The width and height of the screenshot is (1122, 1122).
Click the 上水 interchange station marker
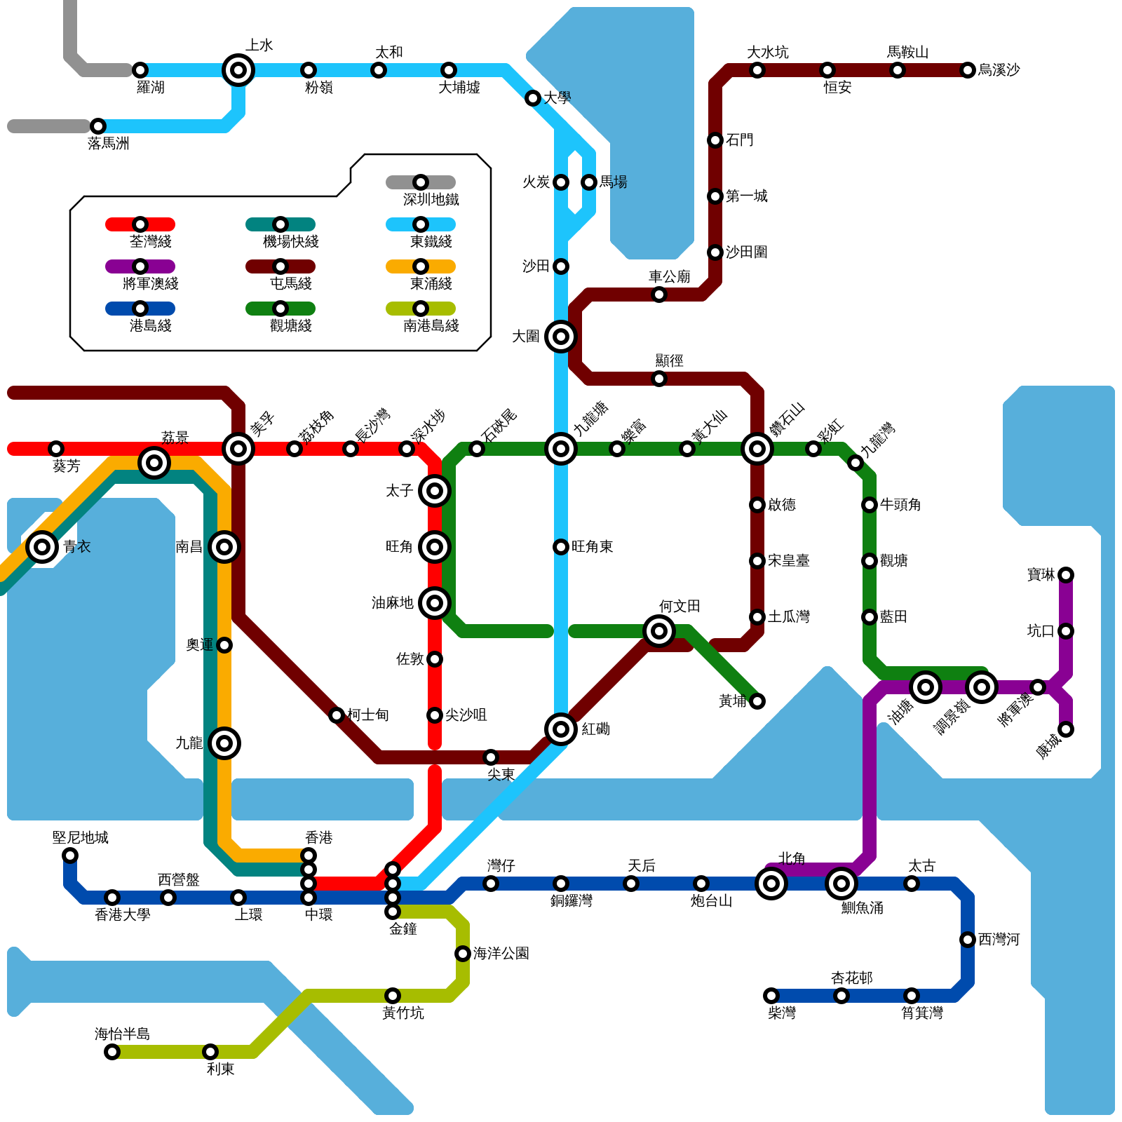point(238,70)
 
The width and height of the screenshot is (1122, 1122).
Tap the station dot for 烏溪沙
point(968,70)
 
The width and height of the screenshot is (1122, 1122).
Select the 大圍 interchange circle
point(561,337)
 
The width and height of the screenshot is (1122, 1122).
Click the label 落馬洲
point(109,144)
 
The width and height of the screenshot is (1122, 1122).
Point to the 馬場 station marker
point(589,182)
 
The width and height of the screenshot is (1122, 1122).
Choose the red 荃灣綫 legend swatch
point(140,224)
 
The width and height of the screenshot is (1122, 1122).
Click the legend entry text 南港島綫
point(431,326)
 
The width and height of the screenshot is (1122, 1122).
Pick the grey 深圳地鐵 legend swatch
point(421,182)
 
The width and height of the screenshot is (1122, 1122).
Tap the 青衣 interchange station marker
point(42,547)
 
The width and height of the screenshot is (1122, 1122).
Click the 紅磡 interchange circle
point(561,729)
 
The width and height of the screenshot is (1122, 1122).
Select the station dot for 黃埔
point(757,701)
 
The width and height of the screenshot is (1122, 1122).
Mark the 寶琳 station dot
point(1066,575)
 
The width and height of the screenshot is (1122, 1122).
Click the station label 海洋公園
point(501,954)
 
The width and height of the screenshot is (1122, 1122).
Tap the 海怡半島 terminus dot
point(112,1052)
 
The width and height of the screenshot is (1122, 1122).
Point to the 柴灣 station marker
point(771,996)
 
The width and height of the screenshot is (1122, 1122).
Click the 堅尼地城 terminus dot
point(70,856)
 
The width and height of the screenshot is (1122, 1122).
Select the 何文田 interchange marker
point(659,631)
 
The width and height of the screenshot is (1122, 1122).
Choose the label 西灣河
point(999,940)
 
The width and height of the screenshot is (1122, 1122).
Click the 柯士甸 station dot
point(337,715)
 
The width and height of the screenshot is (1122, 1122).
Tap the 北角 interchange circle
point(771,884)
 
